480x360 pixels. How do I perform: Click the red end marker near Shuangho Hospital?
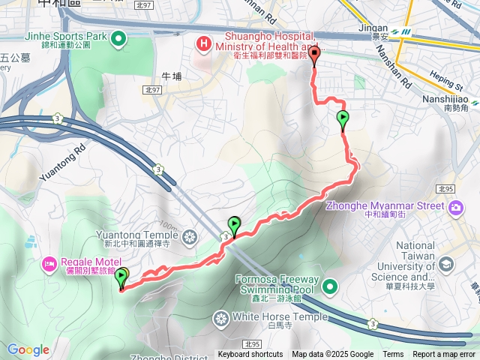point(314,53)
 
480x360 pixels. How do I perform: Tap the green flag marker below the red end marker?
point(343,118)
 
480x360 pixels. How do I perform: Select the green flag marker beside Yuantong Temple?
point(234,223)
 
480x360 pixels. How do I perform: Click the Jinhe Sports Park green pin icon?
point(118,38)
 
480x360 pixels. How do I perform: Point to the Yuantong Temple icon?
point(190,238)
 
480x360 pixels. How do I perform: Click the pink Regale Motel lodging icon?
point(49,263)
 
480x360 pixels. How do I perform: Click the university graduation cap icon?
point(446,264)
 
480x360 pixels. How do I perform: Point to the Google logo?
point(28,349)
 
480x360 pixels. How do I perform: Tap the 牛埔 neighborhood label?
point(172,76)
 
